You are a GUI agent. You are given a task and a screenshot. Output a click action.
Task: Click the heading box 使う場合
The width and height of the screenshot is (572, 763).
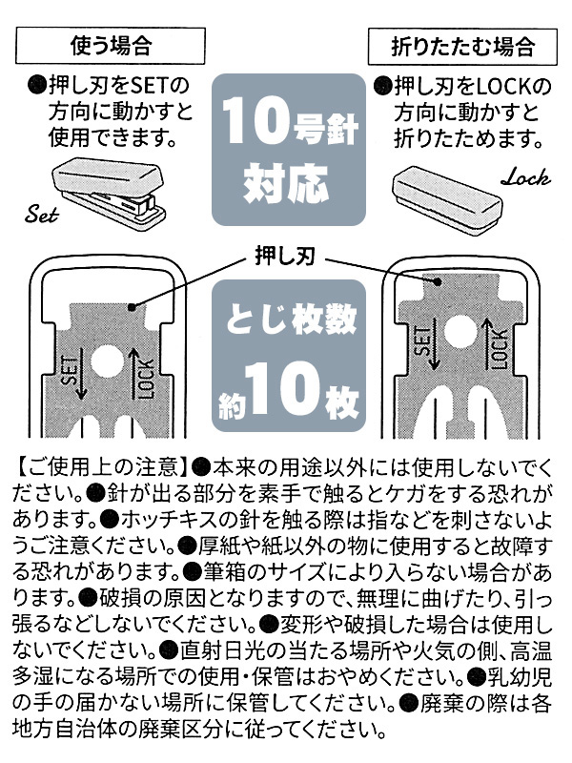click(x=111, y=45)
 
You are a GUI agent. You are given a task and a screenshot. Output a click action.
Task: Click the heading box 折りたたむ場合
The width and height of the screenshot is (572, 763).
click(x=462, y=47)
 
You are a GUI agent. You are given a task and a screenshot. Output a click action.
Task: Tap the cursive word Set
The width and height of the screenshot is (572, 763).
click(x=42, y=214)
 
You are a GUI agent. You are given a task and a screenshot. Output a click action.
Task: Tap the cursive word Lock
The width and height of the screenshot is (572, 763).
click(x=526, y=177)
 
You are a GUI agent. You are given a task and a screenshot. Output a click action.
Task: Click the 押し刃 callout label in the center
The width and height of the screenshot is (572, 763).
click(x=285, y=256)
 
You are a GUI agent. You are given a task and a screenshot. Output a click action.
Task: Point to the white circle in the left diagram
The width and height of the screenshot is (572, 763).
click(x=108, y=362)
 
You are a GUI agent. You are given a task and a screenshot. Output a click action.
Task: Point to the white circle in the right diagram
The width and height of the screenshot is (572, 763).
click(x=460, y=333)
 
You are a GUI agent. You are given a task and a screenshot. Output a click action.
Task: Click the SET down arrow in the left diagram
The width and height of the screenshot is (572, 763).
click(x=81, y=376)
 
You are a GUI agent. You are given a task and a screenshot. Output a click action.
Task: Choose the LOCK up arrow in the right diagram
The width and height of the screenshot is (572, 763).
click(x=486, y=343)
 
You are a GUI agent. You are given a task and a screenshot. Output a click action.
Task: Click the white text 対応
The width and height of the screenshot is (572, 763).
click(x=287, y=183)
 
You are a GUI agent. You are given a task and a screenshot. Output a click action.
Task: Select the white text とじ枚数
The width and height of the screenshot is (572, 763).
click(x=291, y=320)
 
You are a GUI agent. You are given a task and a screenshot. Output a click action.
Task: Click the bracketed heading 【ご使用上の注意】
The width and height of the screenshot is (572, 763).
click(x=101, y=466)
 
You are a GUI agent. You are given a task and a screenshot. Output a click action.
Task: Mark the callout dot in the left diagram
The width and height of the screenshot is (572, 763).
click(x=131, y=307)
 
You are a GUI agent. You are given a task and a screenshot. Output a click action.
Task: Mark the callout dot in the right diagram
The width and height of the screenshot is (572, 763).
click(x=438, y=281)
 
